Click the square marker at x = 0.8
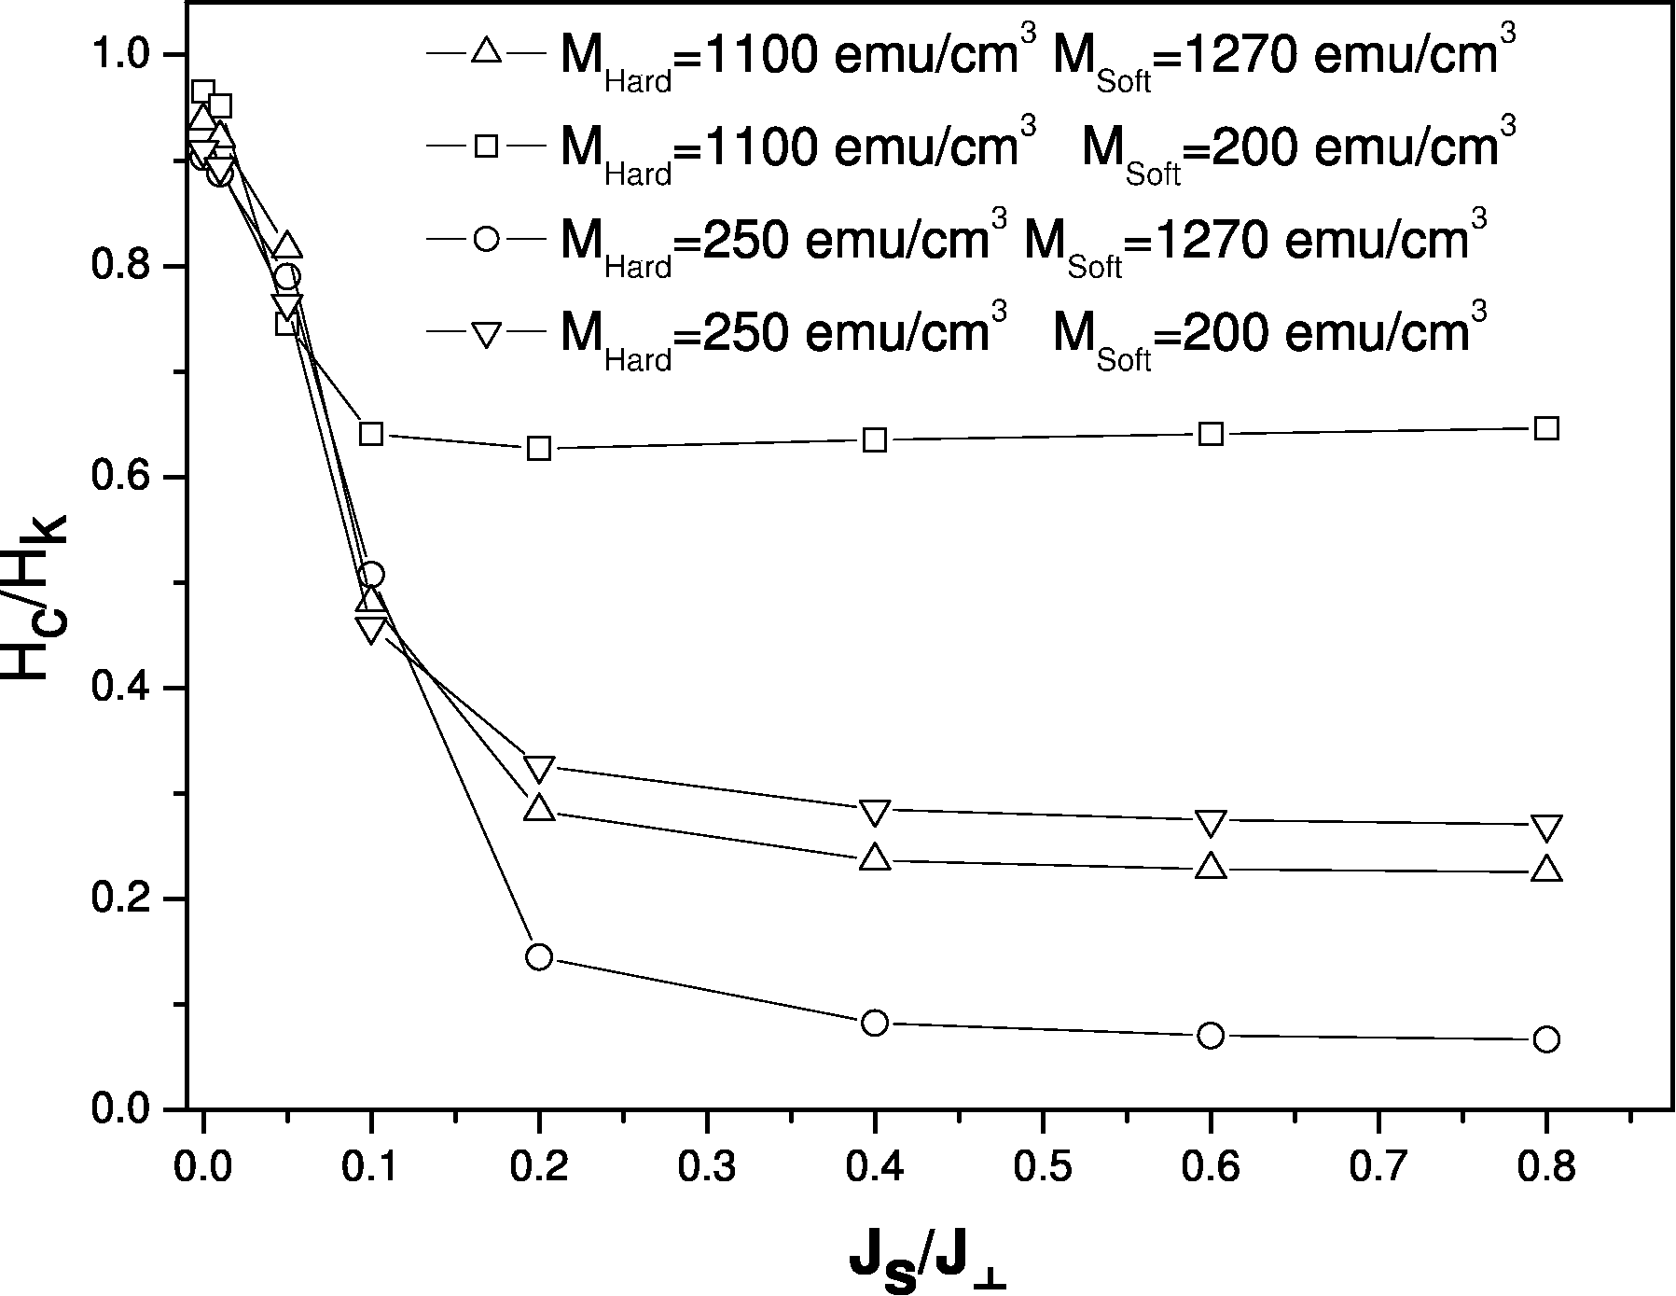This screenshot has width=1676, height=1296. coord(1546,429)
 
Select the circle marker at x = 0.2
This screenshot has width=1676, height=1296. coord(539,956)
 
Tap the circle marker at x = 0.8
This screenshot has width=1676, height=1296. coord(1546,1039)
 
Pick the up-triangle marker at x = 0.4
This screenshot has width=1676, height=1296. coord(875,858)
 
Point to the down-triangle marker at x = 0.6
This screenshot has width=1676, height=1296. coord(1211,822)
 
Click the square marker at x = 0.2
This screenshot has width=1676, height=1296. coord(539,448)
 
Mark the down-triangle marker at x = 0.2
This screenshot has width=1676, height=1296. coord(539,768)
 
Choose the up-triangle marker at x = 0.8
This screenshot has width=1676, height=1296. coord(1546,869)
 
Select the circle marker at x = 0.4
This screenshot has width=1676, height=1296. coord(875,1023)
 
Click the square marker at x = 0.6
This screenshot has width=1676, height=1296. coord(1211,434)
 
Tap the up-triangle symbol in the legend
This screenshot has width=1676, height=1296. coord(486,51)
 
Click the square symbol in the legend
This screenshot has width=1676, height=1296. coord(486,145)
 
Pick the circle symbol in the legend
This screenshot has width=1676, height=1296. coord(486,238)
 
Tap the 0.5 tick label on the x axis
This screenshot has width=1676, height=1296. coord(1043,1166)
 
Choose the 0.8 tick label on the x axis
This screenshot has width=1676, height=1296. coord(1546,1166)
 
